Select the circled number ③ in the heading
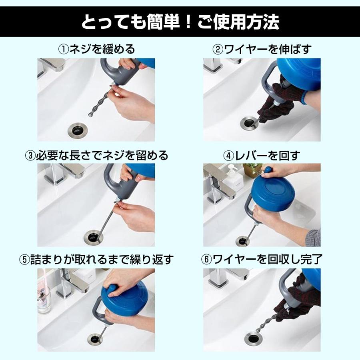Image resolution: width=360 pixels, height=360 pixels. click(x=30, y=156)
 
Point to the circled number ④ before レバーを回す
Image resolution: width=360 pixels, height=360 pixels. click(x=229, y=156)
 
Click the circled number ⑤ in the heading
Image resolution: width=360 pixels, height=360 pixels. click(x=24, y=260)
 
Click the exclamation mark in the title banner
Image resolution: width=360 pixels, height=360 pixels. click(x=188, y=22)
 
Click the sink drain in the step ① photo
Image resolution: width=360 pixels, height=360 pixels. click(x=78, y=130)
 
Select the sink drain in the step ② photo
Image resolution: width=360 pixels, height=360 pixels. click(x=249, y=123)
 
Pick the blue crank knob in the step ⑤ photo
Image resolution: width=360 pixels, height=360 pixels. click(x=112, y=290)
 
